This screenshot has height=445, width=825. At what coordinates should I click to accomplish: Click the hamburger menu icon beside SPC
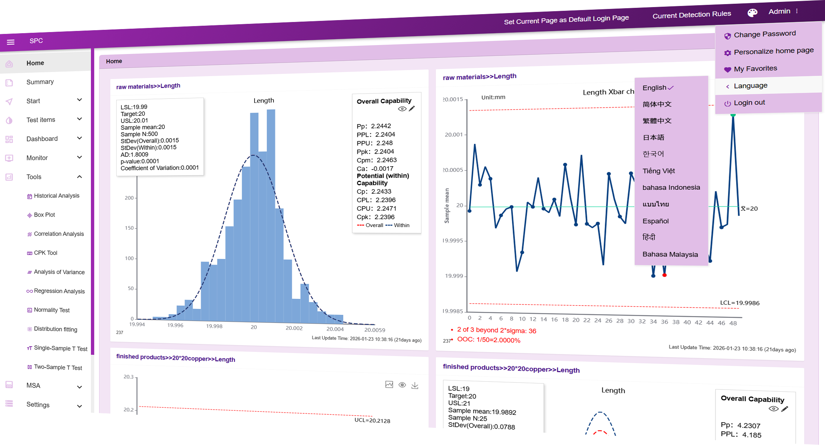coord(10,42)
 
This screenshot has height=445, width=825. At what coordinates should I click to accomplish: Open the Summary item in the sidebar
coord(40,82)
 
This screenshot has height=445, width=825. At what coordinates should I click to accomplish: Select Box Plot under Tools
coord(44,215)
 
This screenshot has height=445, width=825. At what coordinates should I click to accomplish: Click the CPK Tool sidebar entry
coord(45,253)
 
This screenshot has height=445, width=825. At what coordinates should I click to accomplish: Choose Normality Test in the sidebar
coord(52,310)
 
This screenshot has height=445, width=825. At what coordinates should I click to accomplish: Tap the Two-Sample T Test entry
coord(58,367)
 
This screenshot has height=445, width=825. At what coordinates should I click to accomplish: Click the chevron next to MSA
coord(79,387)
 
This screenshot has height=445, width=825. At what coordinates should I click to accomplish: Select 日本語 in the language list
coord(653,138)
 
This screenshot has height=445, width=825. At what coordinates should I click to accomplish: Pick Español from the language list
coord(655,221)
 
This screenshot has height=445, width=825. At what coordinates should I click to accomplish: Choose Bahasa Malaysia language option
coord(670,255)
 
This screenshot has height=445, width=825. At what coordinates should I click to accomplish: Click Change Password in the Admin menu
coord(765,34)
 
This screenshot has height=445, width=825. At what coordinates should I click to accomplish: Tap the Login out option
coord(749,103)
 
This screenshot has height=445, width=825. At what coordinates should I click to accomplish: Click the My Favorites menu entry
coord(755,69)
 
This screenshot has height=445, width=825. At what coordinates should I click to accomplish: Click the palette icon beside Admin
coord(752,13)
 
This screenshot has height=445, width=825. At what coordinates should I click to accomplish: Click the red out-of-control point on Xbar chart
coord(664,275)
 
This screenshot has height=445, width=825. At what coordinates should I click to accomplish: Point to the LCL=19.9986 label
coord(739,303)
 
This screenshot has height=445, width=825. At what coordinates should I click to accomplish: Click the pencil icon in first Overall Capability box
coord(412,108)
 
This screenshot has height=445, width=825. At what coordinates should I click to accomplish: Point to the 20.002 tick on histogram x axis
coord(294,328)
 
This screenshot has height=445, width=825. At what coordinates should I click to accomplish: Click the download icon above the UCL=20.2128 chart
coord(415,385)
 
